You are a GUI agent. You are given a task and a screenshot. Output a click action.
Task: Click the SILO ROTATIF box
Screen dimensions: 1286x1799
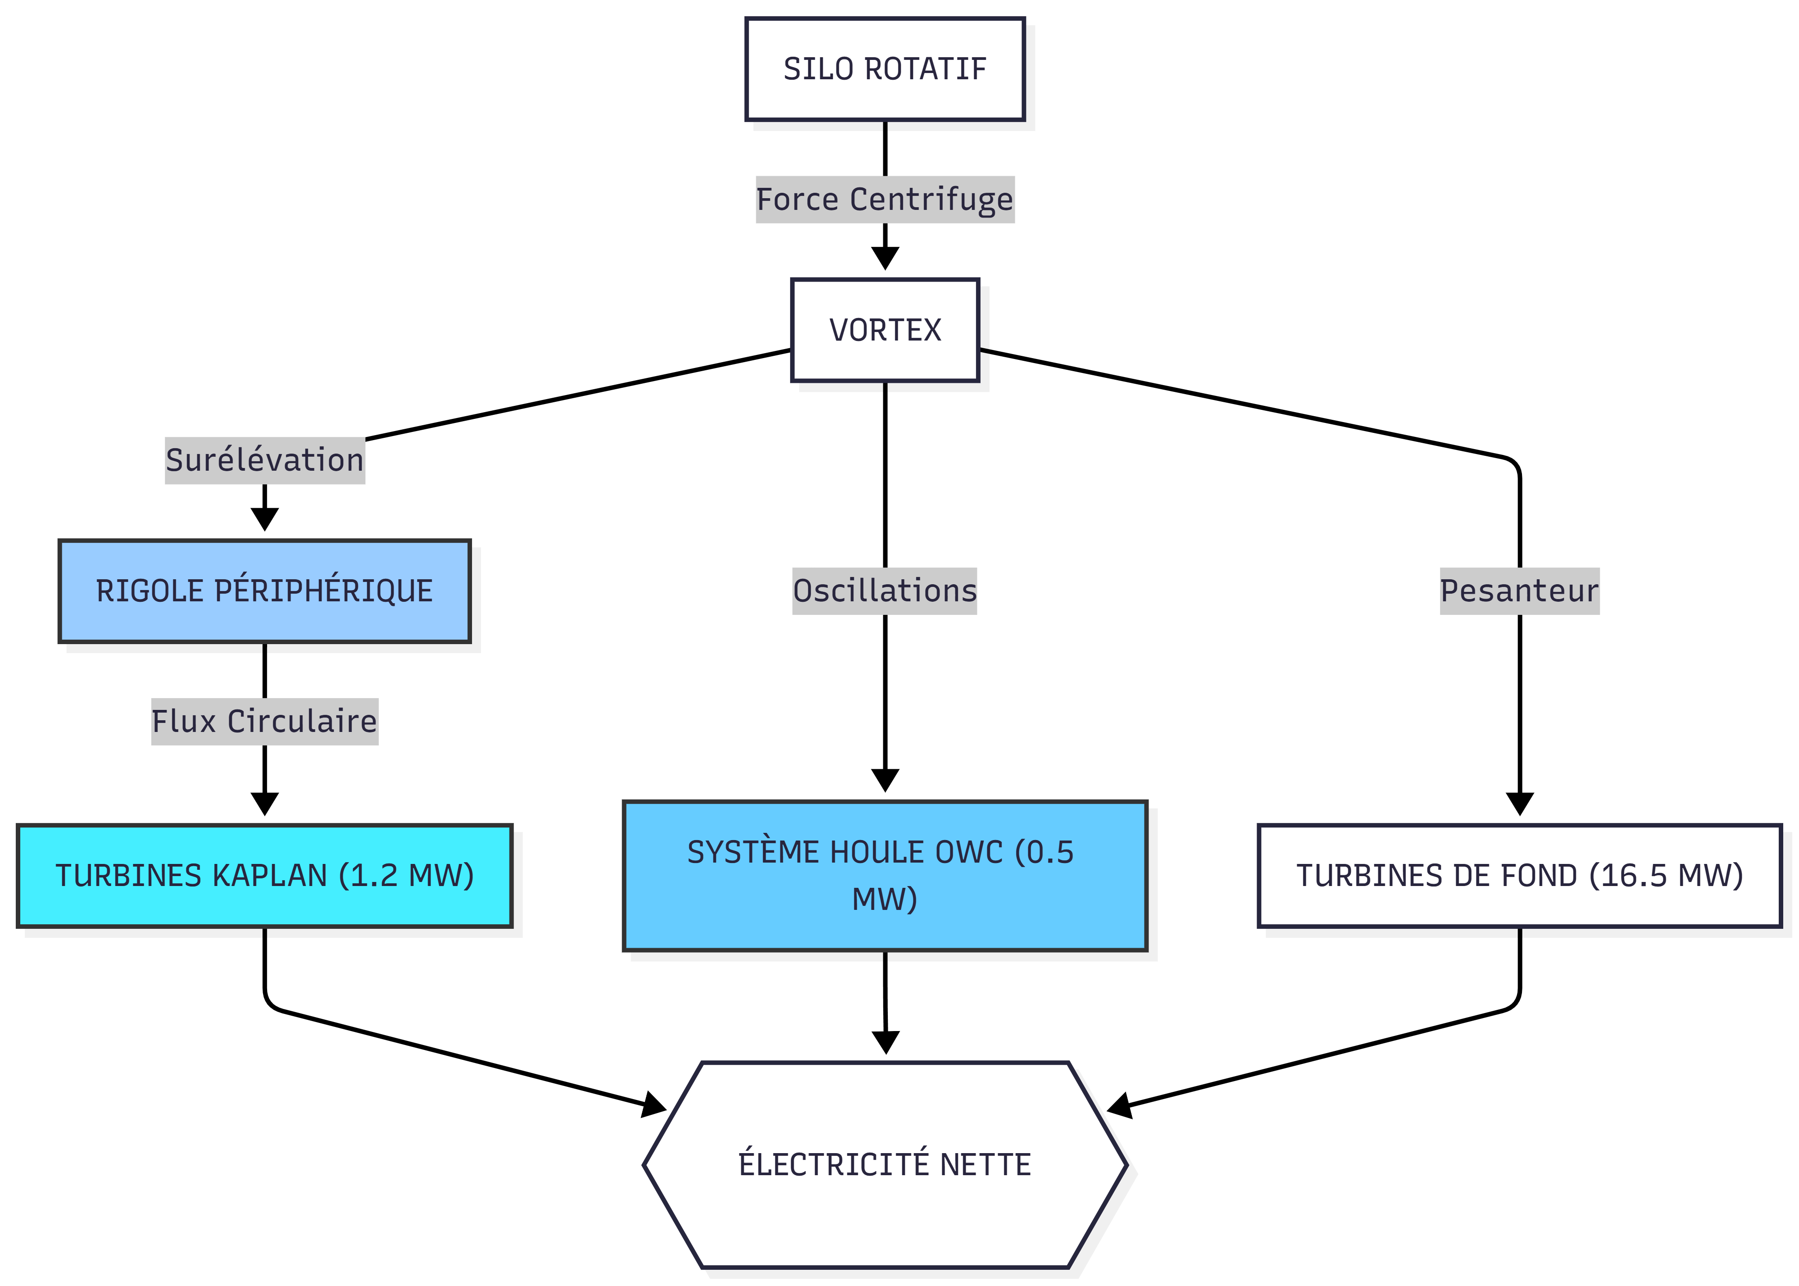point(885,69)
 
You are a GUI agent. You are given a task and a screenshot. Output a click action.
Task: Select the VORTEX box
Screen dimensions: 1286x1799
point(885,329)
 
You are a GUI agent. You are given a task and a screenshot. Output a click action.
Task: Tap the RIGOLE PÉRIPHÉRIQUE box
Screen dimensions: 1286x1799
point(264,591)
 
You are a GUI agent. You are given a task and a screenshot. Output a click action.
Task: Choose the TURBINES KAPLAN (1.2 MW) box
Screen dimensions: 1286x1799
point(264,875)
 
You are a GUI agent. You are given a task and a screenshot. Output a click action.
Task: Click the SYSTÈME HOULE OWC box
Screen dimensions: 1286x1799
point(885,875)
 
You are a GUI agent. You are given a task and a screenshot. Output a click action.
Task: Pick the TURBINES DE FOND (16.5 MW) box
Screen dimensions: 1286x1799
point(1519,875)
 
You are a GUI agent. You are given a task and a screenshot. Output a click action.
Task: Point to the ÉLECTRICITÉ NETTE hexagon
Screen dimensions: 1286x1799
point(885,1164)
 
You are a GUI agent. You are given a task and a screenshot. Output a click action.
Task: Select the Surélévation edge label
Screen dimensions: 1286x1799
point(264,460)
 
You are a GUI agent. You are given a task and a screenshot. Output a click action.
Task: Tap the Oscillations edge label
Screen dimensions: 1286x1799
point(885,591)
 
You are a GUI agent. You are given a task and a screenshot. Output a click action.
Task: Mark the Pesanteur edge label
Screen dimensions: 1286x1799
point(1519,591)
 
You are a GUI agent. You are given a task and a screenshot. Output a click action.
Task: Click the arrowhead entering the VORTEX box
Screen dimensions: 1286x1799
point(885,258)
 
